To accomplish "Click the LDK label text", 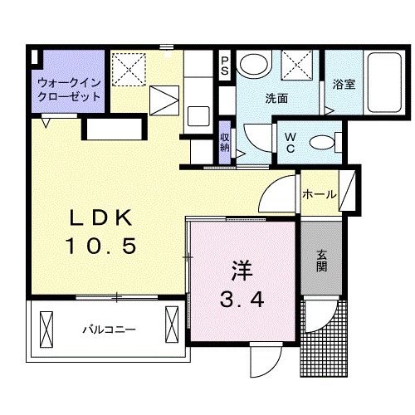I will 100,217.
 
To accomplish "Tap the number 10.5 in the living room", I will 100,246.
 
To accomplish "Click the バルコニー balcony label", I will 109,330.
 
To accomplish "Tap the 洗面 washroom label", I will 276,98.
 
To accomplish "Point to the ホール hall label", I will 320,194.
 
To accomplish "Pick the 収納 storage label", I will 225,141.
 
